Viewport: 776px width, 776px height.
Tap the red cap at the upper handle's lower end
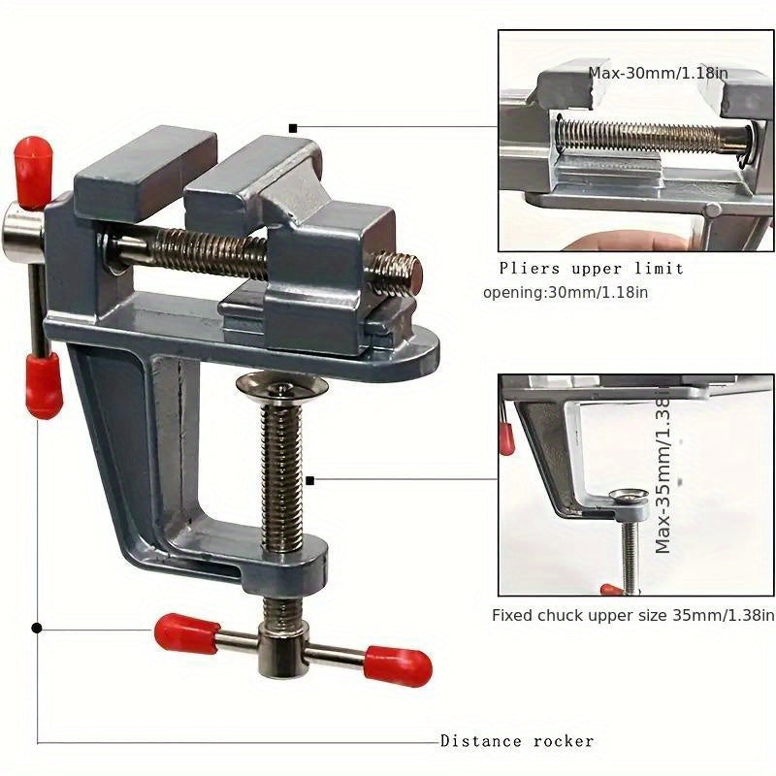(43, 384)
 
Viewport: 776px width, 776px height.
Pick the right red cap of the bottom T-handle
(399, 664)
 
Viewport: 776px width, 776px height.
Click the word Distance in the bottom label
(479, 741)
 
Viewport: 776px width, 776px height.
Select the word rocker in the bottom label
(562, 741)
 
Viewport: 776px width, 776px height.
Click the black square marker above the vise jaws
(293, 127)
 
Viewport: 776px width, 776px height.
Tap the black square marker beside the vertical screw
(309, 479)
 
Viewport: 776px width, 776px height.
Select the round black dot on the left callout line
(37, 628)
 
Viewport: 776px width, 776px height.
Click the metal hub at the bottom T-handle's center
(280, 651)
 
